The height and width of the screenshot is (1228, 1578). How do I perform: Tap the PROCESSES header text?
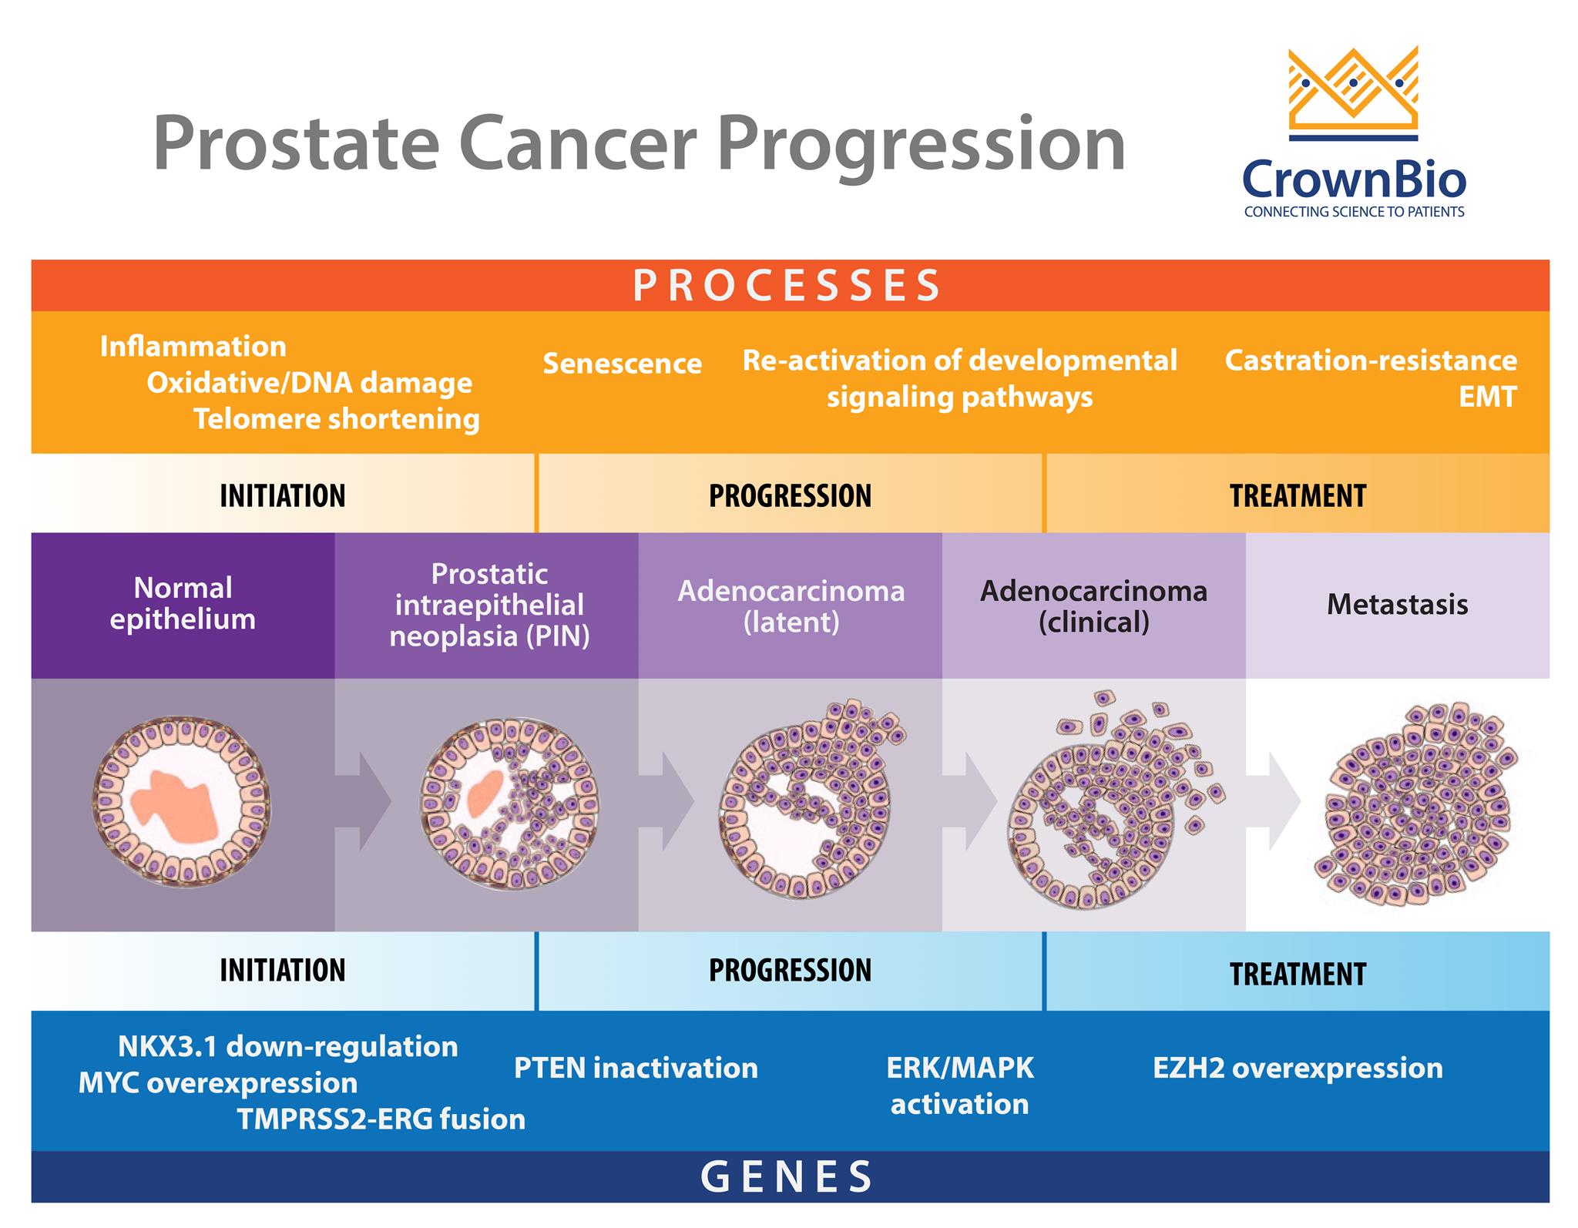coord(787,286)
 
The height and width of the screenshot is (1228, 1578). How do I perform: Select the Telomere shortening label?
coord(336,419)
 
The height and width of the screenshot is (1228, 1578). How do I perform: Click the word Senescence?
coord(622,364)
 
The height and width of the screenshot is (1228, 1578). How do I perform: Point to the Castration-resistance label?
coord(1371,361)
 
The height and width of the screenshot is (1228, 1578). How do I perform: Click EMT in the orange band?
coord(1486,397)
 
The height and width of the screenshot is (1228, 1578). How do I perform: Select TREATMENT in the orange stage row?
coord(1298,495)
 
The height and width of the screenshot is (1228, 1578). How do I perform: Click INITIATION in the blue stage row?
coord(282,970)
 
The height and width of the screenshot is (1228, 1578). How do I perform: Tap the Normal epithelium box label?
coord(183,604)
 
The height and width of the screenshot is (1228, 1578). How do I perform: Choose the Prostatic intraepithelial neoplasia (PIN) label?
coord(489,605)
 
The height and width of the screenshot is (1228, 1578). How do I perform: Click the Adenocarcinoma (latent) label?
coord(791,606)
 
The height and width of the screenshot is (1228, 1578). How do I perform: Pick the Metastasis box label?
coord(1397,605)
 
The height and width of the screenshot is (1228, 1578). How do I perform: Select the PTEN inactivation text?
coord(636,1069)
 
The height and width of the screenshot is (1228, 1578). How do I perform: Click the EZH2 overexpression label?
coord(1298,1069)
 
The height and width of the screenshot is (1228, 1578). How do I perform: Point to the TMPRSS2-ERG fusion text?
coord(381,1119)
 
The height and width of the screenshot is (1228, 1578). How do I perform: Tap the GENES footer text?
coord(787,1176)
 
